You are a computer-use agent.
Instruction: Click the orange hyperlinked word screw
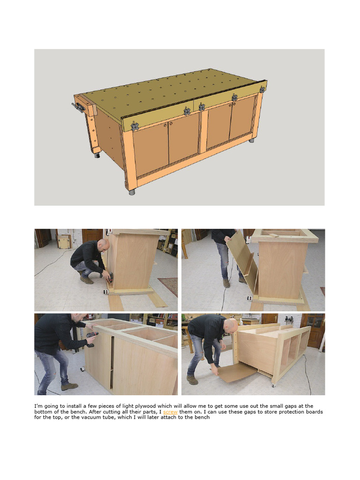click(170, 412)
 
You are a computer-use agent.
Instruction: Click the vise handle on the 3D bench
click(78, 107)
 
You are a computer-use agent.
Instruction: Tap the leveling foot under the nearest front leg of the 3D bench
click(132, 193)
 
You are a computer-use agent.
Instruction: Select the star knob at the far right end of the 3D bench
click(262, 90)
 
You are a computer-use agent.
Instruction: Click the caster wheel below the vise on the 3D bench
click(97, 155)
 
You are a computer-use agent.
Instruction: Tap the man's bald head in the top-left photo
click(104, 244)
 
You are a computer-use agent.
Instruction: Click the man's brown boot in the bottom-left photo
click(69, 387)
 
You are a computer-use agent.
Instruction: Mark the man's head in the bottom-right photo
click(232, 325)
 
